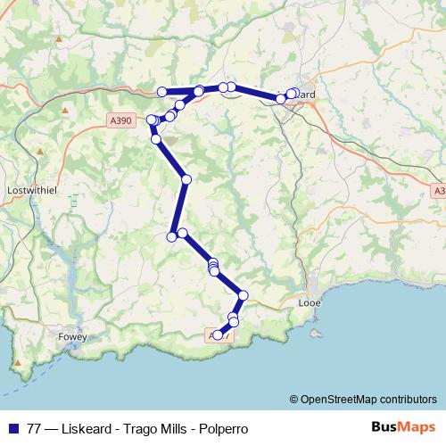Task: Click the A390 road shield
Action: click(x=121, y=118)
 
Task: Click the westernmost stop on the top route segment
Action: click(x=162, y=91)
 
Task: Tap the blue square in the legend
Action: click(x=12, y=428)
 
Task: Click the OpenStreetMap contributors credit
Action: click(x=368, y=399)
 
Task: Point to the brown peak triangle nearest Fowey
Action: click(x=19, y=364)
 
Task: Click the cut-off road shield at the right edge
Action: click(x=439, y=191)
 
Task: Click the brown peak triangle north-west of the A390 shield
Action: click(x=67, y=111)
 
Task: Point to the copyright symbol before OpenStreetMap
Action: click(x=294, y=399)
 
